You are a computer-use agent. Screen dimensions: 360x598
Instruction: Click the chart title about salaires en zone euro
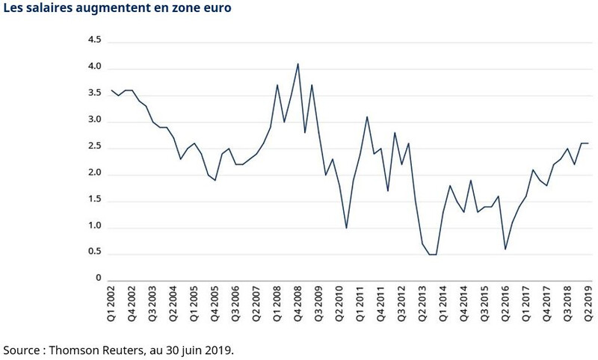click(117, 10)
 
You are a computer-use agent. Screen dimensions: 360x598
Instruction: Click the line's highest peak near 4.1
click(298, 63)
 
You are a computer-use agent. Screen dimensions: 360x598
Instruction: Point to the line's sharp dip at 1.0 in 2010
click(346, 228)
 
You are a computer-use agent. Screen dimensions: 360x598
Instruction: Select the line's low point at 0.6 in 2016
click(505, 249)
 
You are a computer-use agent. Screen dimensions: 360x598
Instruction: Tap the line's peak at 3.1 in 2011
click(367, 117)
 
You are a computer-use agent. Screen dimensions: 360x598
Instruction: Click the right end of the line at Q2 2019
click(588, 143)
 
